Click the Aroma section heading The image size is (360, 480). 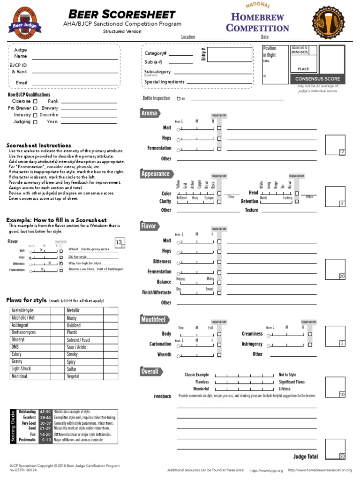(150, 113)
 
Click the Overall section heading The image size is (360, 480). (150, 372)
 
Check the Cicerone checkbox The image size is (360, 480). (36, 101)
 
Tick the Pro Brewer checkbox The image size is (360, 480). (36, 108)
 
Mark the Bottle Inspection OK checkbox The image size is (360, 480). (178, 99)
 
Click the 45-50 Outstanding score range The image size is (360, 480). (45, 412)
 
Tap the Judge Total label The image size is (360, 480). (305, 457)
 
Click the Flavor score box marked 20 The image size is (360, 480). (335, 268)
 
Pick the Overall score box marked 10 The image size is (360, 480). (335, 386)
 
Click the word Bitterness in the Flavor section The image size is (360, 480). (162, 262)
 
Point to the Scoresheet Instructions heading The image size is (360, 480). (39, 145)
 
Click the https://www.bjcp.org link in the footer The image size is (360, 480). (266, 470)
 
